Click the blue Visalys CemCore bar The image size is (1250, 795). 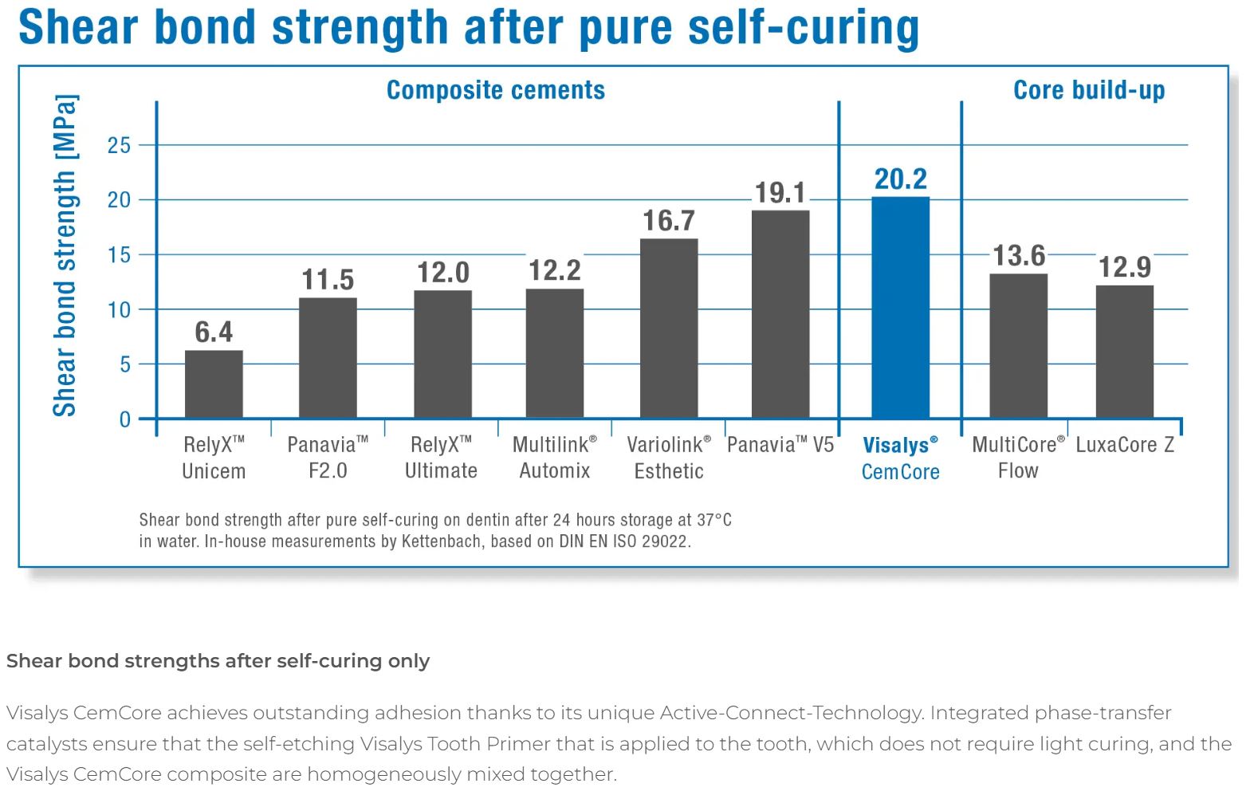click(x=900, y=308)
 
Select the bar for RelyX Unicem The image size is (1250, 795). click(x=214, y=384)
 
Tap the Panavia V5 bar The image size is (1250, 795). click(x=780, y=314)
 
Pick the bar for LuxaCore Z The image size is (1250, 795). click(x=1124, y=352)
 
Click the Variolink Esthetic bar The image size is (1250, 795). click(x=668, y=329)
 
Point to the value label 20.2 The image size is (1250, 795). click(x=900, y=179)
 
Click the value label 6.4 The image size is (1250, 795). click(x=214, y=332)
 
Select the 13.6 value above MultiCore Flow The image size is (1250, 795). click(x=1018, y=256)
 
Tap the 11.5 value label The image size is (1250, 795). click(x=328, y=280)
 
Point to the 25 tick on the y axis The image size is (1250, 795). click(x=119, y=145)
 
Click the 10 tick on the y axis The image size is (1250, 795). click(x=119, y=309)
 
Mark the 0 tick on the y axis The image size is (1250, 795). click(x=124, y=419)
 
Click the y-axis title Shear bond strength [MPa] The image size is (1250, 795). click(x=65, y=255)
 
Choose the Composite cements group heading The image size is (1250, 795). click(x=495, y=90)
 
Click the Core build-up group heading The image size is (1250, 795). click(x=1088, y=90)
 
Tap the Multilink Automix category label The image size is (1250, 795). click(x=554, y=458)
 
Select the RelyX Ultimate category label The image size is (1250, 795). click(x=441, y=458)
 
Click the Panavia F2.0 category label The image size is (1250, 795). click(x=328, y=458)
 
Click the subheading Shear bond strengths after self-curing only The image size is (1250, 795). click(x=218, y=661)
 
